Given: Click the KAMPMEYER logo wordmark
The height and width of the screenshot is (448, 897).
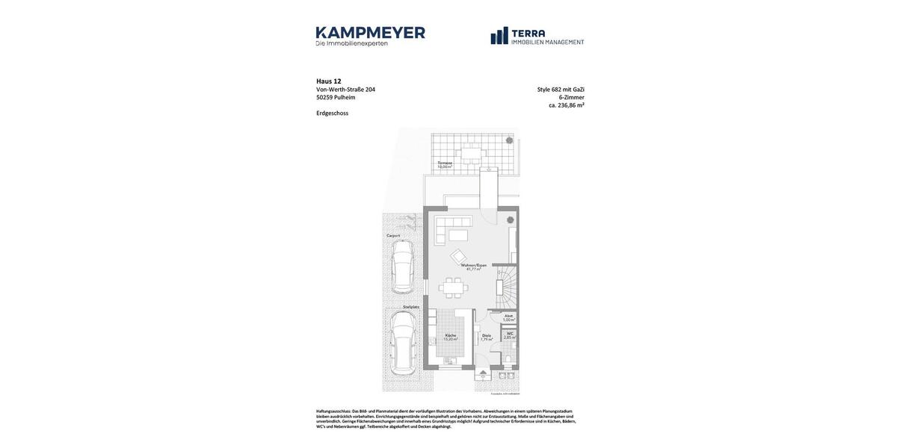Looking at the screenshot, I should (x=370, y=33).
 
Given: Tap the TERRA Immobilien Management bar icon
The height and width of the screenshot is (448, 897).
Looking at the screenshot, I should (x=499, y=36).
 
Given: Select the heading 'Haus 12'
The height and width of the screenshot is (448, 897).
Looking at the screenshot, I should (x=329, y=81).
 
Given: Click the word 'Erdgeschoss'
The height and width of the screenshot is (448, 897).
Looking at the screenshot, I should (x=332, y=113).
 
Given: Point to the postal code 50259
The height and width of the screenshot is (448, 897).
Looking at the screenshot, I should (x=324, y=98).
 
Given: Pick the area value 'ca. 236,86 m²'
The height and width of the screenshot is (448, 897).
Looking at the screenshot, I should (x=566, y=105).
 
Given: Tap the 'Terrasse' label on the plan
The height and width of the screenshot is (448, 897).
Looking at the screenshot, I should (x=445, y=163).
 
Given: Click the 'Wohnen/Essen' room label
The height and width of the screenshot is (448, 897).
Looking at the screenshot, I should (x=473, y=265).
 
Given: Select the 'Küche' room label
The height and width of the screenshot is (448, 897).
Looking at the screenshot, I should (x=450, y=335).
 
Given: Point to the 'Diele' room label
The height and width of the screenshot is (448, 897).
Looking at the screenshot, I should (x=486, y=336).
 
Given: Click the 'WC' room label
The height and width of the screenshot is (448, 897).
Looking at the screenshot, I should (x=510, y=334).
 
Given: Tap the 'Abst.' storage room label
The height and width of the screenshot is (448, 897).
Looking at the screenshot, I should (x=508, y=316).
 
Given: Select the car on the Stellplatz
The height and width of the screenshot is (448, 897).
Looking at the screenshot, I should (x=402, y=343).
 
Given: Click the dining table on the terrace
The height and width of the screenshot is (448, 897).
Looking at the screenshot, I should (x=471, y=155).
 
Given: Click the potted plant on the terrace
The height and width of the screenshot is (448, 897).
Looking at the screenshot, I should (x=510, y=140).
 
